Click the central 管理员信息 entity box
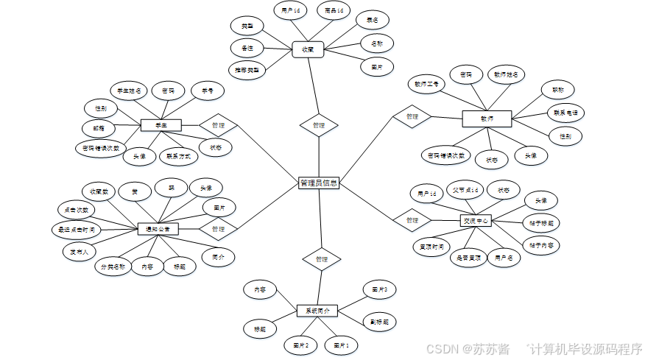click(319, 183)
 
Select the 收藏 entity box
click(308, 49)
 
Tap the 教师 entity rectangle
click(487, 118)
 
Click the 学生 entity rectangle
click(161, 126)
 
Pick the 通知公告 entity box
click(158, 229)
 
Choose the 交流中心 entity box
click(476, 220)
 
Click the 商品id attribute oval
click(329, 11)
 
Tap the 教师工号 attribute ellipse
click(426, 84)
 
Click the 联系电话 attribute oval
click(565, 113)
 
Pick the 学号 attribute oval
click(207, 91)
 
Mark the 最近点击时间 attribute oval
click(77, 230)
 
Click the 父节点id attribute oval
click(465, 190)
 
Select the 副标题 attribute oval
click(379, 322)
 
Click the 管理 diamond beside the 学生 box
click(218, 126)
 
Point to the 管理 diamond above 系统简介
click(322, 259)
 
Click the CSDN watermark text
click(442, 348)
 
